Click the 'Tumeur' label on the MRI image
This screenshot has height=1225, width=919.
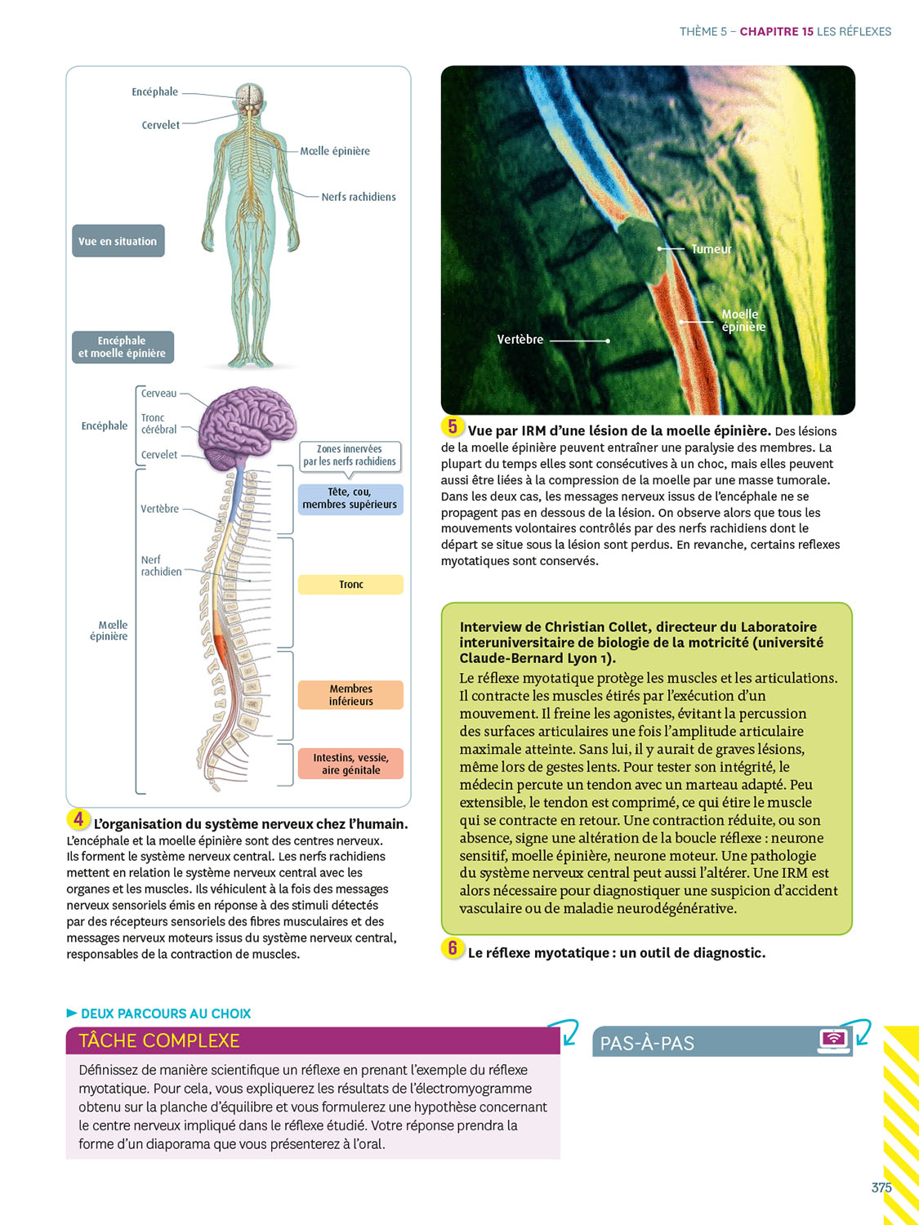point(711,249)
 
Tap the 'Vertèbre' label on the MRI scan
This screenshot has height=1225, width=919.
point(520,339)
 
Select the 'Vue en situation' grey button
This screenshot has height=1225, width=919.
point(118,241)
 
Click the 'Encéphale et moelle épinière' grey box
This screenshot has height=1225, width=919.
point(123,347)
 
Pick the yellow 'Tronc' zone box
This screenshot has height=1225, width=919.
point(350,585)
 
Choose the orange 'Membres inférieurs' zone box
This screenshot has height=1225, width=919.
point(350,695)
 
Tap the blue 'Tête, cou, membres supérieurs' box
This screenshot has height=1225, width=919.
point(350,498)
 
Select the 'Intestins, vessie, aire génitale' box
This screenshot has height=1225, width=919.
point(350,764)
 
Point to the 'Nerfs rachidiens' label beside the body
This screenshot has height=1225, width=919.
point(358,197)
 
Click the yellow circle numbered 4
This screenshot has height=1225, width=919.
point(78,819)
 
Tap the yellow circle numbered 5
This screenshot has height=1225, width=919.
point(453,426)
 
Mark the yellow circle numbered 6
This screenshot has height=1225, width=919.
point(453,948)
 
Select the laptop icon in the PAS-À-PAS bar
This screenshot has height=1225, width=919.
point(833,1040)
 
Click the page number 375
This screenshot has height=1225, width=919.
point(881,1187)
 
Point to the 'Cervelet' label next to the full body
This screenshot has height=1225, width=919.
point(160,125)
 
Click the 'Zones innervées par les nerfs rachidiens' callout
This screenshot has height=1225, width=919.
point(350,456)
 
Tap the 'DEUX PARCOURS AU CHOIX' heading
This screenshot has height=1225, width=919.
point(165,1013)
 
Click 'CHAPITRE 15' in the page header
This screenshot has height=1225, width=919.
point(776,32)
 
